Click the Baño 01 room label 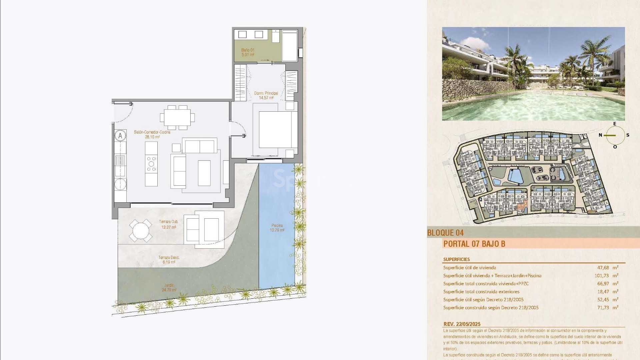pyautogui.click(x=248, y=52)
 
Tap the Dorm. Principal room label pyautogui.click(x=266, y=95)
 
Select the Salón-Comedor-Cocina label pyautogui.click(x=152, y=134)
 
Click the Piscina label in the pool pyautogui.click(x=277, y=228)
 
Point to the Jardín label pyautogui.click(x=169, y=287)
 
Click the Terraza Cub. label pyautogui.click(x=168, y=224)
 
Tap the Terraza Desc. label pyautogui.click(x=169, y=260)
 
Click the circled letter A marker pyautogui.click(x=120, y=136)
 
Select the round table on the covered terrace pyautogui.click(x=141, y=230)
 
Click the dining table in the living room pyautogui.click(x=177, y=117)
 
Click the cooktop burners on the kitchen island pyautogui.click(x=151, y=164)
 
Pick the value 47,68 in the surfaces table pyautogui.click(x=603, y=268)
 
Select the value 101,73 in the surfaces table pyautogui.click(x=601, y=276)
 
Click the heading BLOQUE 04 pyautogui.click(x=445, y=233)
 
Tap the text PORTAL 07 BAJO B pyautogui.click(x=474, y=244)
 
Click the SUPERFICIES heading pyautogui.click(x=456, y=259)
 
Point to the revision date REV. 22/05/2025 pyautogui.click(x=462, y=324)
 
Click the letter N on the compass pyautogui.click(x=600, y=135)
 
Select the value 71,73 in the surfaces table pyautogui.click(x=603, y=308)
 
